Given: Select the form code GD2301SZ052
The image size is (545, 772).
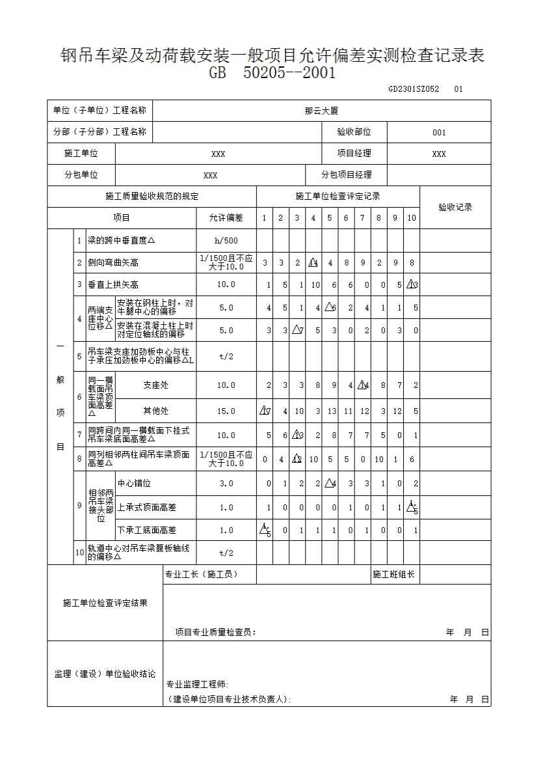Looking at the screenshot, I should [x=414, y=89].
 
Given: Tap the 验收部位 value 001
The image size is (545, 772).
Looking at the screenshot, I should [x=439, y=133].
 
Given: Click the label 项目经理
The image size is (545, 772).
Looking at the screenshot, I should [x=354, y=154].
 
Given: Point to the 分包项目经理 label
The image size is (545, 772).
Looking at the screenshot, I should [x=347, y=175].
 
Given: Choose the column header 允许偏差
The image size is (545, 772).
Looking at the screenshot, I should [x=226, y=218].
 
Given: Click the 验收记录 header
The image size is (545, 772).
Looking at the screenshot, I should [x=455, y=208].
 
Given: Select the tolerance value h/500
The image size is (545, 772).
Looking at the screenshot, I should [x=226, y=241].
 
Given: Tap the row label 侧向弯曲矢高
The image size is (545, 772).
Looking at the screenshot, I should [x=113, y=263].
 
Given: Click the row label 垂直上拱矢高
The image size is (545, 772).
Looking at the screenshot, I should [x=113, y=285].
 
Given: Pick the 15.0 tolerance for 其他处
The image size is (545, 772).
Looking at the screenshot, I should [x=226, y=411].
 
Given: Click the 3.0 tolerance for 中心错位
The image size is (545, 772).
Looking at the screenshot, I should [x=226, y=484].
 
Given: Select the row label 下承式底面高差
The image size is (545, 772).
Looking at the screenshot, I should [x=146, y=531].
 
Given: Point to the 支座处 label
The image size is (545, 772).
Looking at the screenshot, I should [x=155, y=385].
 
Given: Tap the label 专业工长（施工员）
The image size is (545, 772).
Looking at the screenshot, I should [x=202, y=575].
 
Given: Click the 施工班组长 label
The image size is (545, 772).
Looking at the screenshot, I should [x=393, y=575].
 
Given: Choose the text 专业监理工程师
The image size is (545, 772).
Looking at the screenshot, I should [x=198, y=684].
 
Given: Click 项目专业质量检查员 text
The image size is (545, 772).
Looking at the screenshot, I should [x=216, y=632].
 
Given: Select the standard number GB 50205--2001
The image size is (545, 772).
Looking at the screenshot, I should [x=272, y=73].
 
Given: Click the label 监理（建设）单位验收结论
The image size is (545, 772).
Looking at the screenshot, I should [x=105, y=674].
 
